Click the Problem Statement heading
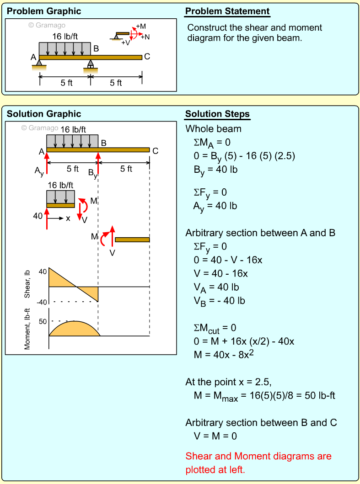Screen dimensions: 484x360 [227, 11]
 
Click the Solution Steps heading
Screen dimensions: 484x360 [217, 114]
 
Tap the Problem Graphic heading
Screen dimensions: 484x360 [44, 11]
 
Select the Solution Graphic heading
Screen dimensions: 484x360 [44, 114]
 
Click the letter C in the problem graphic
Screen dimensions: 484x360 [147, 57]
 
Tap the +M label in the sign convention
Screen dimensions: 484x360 [141, 27]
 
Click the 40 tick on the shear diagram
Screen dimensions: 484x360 [43, 271]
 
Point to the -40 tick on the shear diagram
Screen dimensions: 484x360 [42, 302]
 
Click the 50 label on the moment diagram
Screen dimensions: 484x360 [43, 321]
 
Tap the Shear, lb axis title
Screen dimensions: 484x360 [27, 284]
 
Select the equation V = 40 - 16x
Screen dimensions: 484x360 [220, 274]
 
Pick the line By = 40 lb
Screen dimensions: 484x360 [215, 170]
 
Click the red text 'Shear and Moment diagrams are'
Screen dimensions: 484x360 [258, 456]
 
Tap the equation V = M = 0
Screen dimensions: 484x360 [215, 436]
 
